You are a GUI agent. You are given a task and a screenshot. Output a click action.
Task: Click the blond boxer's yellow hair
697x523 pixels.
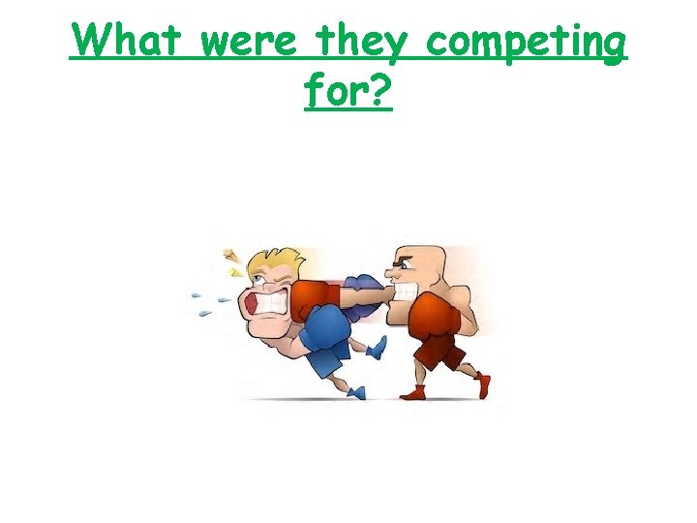[x=275, y=263]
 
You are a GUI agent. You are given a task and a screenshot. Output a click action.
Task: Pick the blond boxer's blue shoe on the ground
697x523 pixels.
[x=356, y=391]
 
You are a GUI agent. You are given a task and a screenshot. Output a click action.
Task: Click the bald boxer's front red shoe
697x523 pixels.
[x=414, y=392]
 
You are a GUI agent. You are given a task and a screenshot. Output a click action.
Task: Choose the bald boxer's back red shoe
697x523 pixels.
[x=482, y=385]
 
